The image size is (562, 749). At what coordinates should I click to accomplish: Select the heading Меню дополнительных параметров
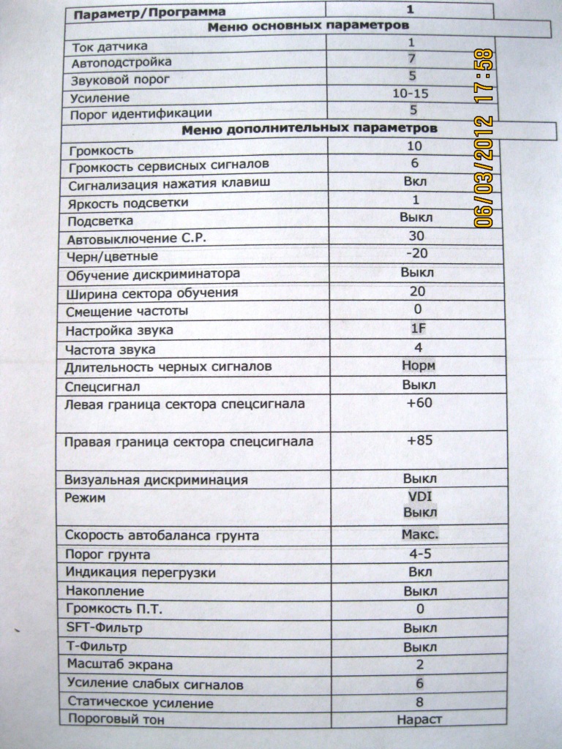point(310,129)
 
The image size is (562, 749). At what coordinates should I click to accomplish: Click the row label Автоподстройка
point(121,63)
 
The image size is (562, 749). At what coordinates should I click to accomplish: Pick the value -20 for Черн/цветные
point(416,253)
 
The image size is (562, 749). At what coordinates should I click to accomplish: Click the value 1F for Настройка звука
point(418,328)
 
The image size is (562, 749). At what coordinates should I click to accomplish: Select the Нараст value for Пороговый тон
point(420,719)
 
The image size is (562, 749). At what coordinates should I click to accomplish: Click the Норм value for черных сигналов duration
point(419,365)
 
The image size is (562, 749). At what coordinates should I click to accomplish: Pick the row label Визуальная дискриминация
point(156,480)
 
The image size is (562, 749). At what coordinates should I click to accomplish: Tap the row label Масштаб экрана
point(119,665)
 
